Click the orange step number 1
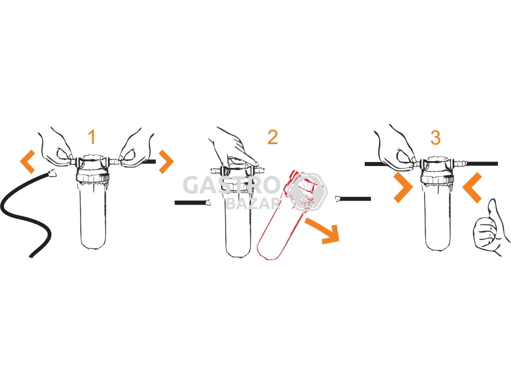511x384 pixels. point(92,137)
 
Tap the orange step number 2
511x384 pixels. point(272,137)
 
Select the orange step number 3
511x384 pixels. point(435,137)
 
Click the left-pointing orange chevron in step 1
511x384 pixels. point(27,161)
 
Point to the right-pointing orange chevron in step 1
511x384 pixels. point(167,161)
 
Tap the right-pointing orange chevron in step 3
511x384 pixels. point(403,188)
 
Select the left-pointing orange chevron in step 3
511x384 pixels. point(472,188)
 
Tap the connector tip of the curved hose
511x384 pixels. point(52,172)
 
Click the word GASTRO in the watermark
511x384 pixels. point(231,185)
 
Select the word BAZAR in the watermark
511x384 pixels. point(253,203)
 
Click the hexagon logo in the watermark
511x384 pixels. point(308,191)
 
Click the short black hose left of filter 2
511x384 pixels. point(192,203)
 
